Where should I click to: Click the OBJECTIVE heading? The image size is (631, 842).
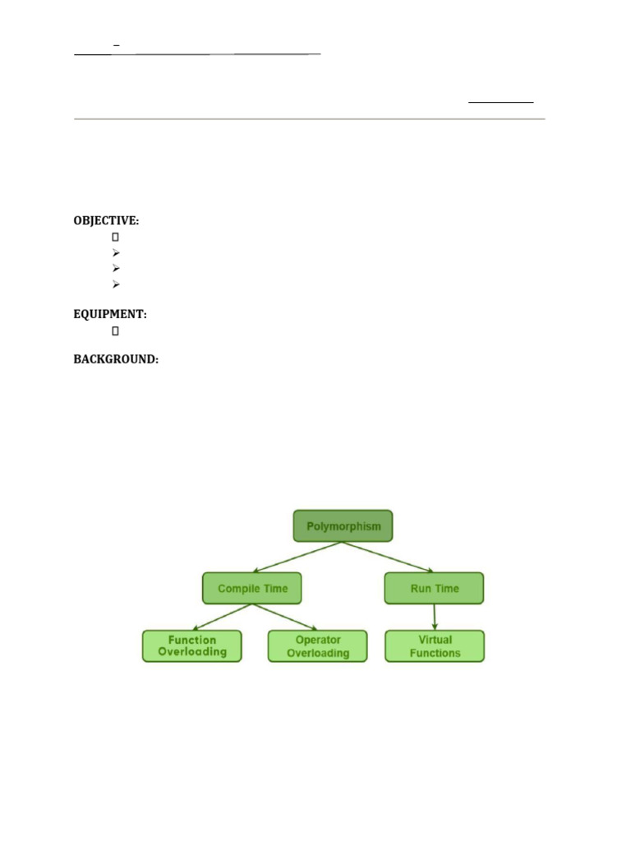(106, 220)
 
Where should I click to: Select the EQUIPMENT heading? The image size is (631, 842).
(110, 314)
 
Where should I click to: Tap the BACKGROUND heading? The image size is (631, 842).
(116, 359)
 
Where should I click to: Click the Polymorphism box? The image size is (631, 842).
(343, 525)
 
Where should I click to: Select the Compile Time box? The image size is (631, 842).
(251, 588)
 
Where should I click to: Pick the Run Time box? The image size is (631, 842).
(434, 588)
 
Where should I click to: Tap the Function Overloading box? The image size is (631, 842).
(192, 646)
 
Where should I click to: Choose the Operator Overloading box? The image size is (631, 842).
(318, 646)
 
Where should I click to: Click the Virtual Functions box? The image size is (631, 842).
(435, 646)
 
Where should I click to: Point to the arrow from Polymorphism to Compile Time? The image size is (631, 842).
(297, 557)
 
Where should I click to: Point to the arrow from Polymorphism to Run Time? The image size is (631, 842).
(388, 557)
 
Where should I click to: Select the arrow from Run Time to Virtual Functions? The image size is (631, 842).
(435, 617)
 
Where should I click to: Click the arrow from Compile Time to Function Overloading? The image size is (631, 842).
(222, 617)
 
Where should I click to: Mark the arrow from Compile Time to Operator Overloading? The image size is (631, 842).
(285, 617)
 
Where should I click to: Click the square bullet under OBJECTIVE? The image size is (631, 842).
(115, 237)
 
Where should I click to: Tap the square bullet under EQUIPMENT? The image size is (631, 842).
(115, 331)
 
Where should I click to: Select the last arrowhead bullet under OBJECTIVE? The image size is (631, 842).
(116, 284)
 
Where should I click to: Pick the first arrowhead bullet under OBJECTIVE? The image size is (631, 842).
(116, 252)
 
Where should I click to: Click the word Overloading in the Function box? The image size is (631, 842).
(192, 652)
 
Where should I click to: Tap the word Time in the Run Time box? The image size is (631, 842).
(447, 589)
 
